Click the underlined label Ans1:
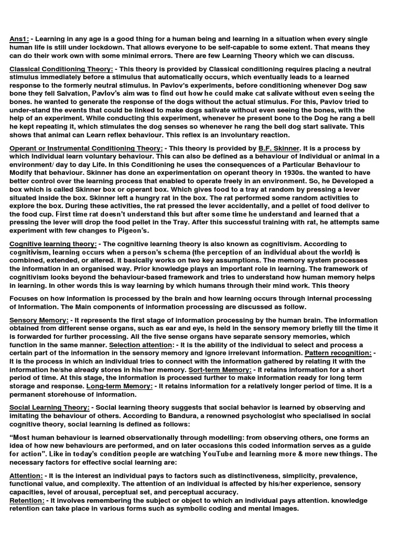coord(19,39)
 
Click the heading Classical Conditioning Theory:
coord(61,69)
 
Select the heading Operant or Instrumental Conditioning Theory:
coord(86,148)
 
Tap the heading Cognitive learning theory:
coord(53,244)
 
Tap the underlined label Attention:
coord(26,476)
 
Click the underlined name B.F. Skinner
coord(279,148)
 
